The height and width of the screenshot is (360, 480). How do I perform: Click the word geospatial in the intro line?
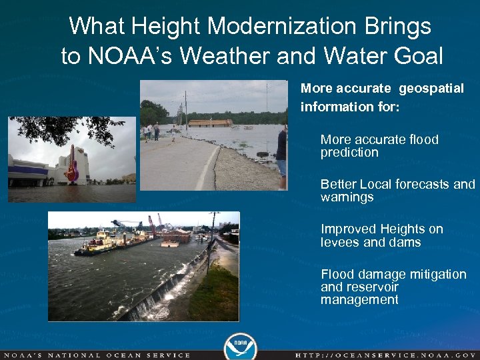tap(431, 89)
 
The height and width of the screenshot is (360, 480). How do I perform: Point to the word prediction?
tap(349, 153)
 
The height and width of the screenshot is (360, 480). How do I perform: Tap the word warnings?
tap(347, 197)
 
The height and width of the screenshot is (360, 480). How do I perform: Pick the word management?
tap(359, 300)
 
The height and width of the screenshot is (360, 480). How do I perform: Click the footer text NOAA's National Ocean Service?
tap(96, 355)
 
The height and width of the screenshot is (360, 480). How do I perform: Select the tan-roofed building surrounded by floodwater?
tap(210, 123)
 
